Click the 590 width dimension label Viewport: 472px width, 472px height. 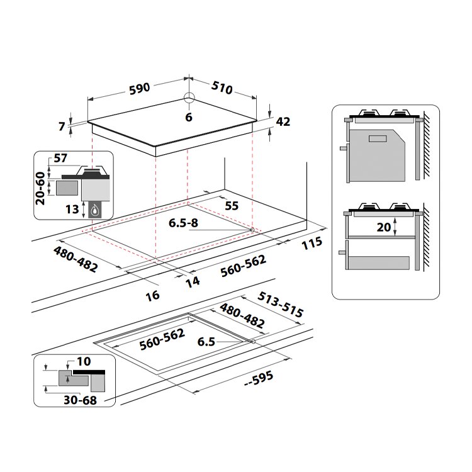coord(139,89)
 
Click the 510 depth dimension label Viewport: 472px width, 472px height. coord(222,87)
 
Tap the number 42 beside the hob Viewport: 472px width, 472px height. coord(283,121)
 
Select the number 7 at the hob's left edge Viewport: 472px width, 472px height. coord(62,126)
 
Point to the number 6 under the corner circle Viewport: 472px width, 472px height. coord(189,117)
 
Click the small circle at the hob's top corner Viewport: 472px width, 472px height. coord(189,97)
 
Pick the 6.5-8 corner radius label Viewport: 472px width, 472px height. coord(183,223)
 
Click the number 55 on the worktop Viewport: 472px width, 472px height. coord(232,206)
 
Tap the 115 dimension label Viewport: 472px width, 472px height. coord(312,243)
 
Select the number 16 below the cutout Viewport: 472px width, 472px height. coord(153,296)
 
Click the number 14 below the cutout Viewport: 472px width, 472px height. coord(193,281)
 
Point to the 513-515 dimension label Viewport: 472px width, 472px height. coord(280,305)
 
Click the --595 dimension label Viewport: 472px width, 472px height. coord(259,379)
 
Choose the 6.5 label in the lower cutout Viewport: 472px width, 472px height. coord(206,342)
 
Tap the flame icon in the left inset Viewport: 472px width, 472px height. coord(94,210)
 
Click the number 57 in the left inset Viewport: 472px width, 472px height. coord(60,158)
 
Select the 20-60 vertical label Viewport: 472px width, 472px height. coord(40,188)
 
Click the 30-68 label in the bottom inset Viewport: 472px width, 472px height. coord(80,400)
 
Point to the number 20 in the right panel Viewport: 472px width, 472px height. coord(384,227)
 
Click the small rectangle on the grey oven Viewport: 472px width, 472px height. coord(378,138)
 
